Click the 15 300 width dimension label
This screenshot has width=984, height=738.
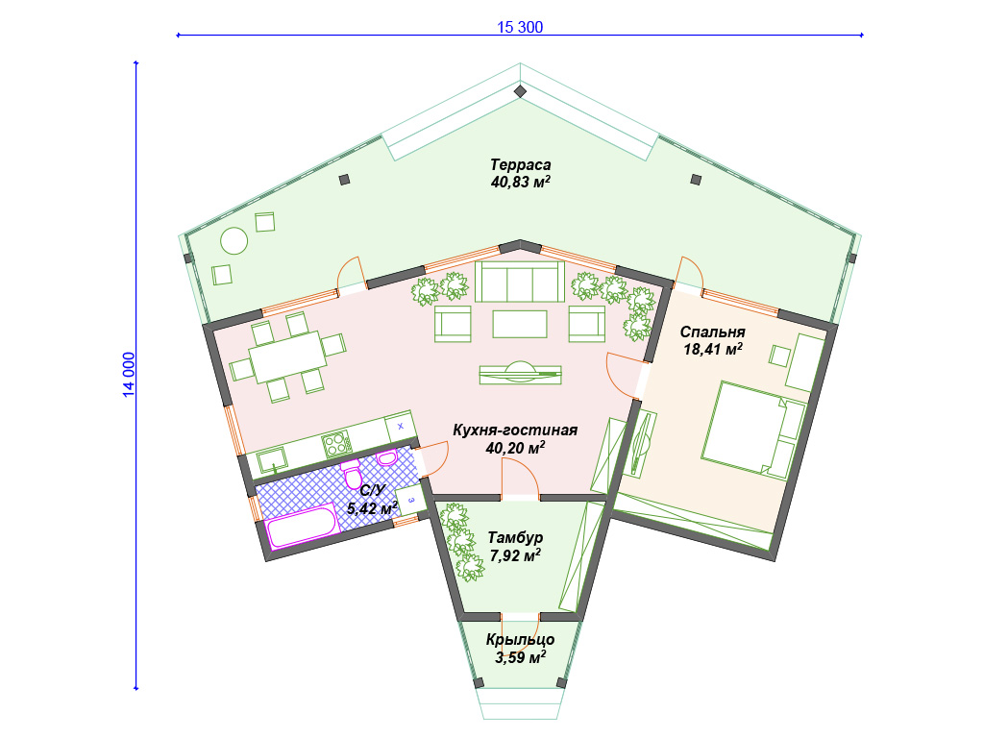point(520,27)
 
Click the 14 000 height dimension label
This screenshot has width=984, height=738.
point(128,375)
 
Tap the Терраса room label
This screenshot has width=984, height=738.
point(520,165)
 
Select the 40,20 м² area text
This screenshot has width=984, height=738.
point(515,448)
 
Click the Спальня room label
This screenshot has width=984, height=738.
point(712,332)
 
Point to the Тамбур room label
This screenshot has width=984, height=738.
point(515,538)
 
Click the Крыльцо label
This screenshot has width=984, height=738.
point(520,639)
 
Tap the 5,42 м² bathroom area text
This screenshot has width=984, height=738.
point(372,507)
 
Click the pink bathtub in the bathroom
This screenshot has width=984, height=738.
point(302,527)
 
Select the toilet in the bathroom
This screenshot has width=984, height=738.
point(352,475)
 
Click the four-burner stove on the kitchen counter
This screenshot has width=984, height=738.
point(337,444)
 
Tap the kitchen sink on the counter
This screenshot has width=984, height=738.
point(271,460)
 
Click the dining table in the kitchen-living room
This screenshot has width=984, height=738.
point(287,356)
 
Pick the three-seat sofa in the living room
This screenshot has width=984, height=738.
point(520,282)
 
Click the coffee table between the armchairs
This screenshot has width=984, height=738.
point(520,324)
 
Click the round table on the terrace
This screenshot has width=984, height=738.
point(234,240)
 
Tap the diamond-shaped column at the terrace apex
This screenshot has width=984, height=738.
point(520,91)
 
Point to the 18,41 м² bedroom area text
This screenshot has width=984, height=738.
point(713,349)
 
